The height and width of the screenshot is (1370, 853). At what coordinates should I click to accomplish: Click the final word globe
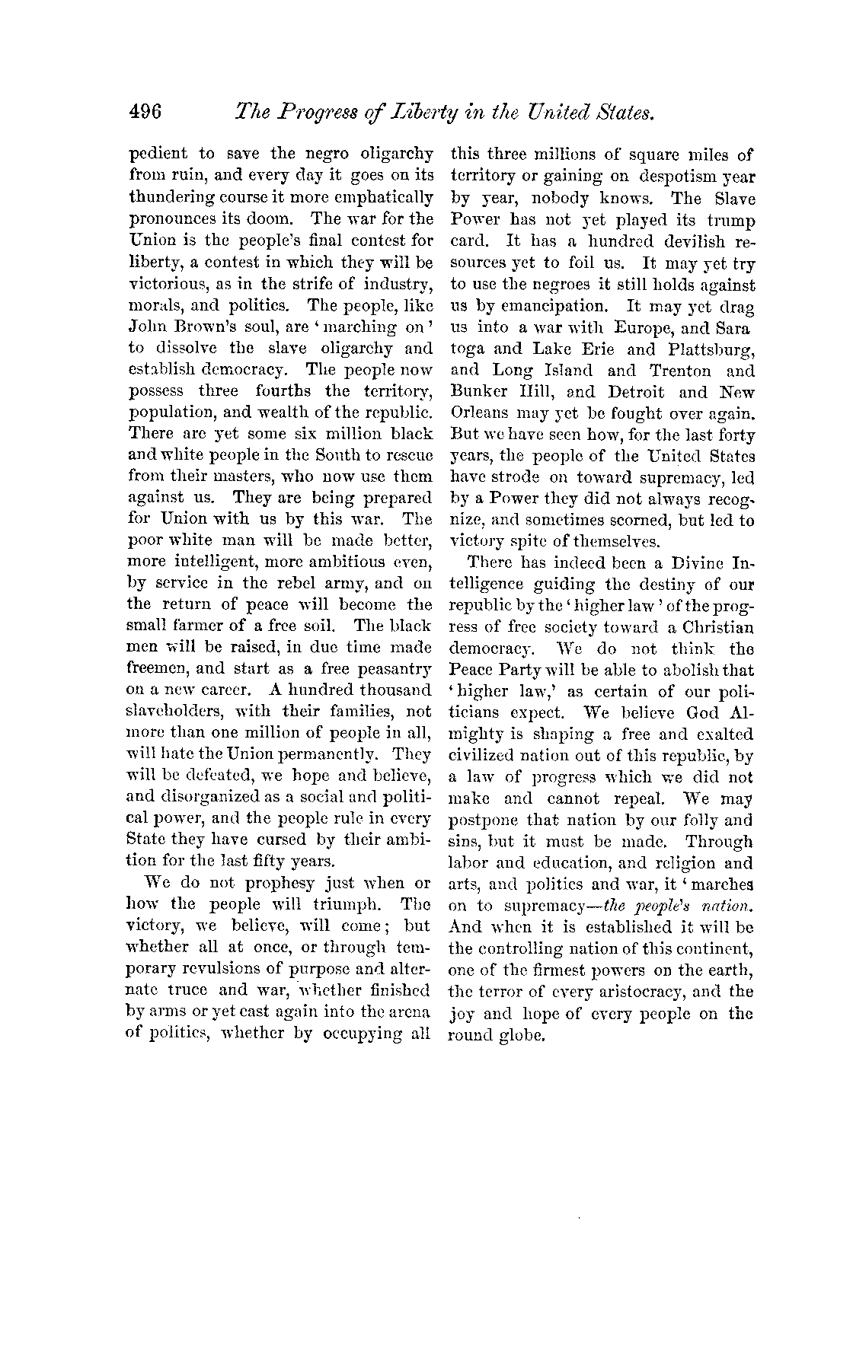(x=524, y=1035)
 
